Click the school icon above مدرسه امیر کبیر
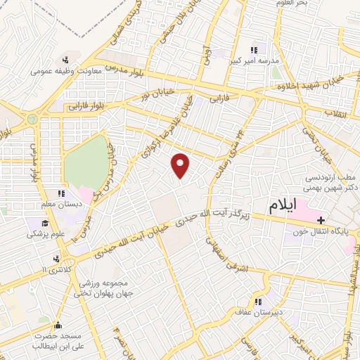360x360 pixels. point(254,50)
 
